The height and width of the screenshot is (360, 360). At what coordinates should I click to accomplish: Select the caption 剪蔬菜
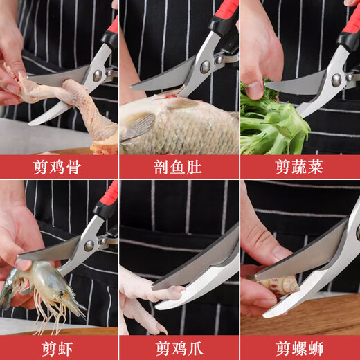(299, 167)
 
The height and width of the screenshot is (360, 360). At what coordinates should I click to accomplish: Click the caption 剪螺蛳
(299, 348)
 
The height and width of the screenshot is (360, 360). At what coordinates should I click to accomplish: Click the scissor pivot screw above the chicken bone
(98, 75)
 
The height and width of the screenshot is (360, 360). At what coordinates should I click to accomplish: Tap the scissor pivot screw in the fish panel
(205, 66)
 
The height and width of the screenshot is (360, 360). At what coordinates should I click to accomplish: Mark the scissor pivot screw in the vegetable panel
(336, 80)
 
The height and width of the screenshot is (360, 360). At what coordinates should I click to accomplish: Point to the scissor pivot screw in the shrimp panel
(89, 244)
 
